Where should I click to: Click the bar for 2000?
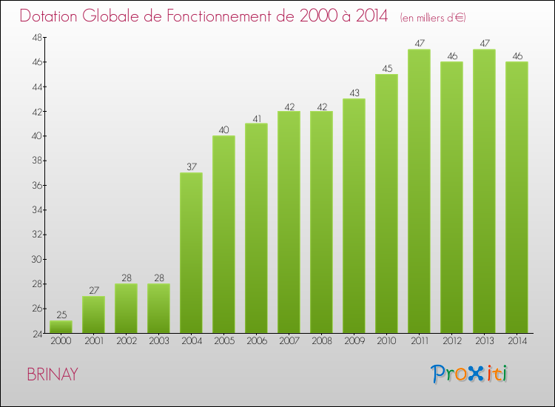coord(61,326)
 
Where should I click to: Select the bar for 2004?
coord(191,252)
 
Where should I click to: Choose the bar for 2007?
coord(289,222)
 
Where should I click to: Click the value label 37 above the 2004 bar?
coord(191,166)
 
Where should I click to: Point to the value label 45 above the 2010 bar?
coord(386,68)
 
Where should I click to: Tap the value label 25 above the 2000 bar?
coord(61,314)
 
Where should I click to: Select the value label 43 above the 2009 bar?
coord(354,92)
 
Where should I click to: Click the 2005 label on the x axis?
coord(223,341)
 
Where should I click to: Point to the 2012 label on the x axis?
coord(451,341)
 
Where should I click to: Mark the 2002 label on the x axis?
coord(126,341)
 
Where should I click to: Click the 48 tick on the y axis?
coord(35,37)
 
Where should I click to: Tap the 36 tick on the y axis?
coord(35,185)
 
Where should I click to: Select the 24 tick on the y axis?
coord(35,333)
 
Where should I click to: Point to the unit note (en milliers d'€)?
coord(432,17)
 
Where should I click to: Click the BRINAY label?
coord(52,374)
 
